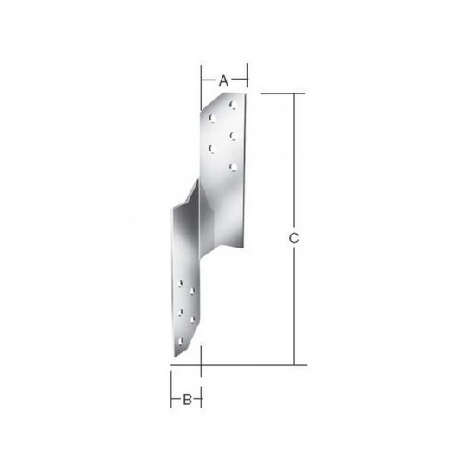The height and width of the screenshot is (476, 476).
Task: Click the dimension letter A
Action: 223,80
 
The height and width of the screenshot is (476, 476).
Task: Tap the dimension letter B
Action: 187,399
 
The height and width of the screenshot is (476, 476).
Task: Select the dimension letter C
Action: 294,239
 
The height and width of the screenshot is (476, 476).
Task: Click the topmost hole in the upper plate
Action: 234,105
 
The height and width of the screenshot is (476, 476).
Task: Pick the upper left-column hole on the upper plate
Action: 212,118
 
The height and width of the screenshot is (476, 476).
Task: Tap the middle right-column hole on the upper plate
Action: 233,136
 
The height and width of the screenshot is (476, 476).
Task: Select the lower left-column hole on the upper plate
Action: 211,149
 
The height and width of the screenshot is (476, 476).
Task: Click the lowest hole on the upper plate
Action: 233,167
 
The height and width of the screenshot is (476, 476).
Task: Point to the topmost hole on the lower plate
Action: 181,284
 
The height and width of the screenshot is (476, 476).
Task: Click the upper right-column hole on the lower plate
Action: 192,292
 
